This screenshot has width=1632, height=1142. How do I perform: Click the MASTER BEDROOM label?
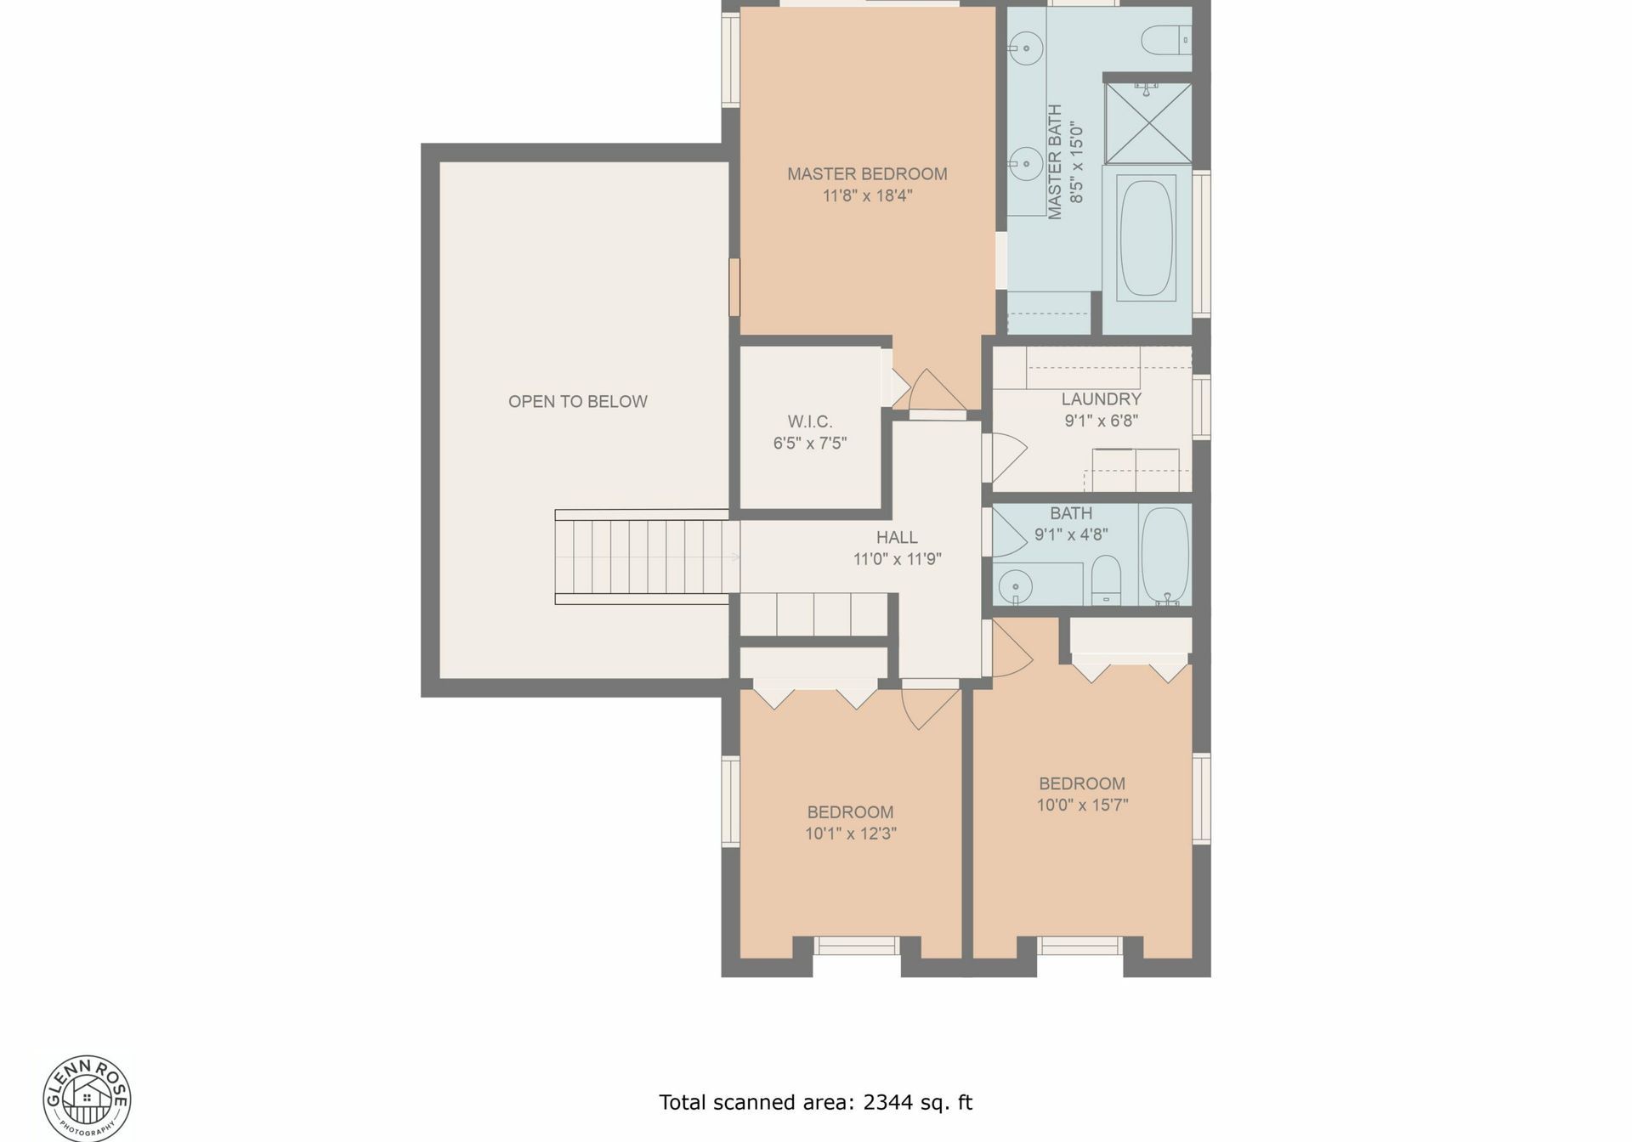tap(867, 174)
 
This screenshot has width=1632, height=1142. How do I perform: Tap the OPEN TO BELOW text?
tap(578, 402)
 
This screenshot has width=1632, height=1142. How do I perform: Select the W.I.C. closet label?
tap(809, 421)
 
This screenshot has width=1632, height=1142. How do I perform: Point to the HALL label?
tap(897, 537)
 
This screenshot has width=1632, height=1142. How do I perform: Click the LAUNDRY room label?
tap(1101, 399)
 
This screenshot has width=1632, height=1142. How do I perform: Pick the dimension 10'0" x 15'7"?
tap(1082, 805)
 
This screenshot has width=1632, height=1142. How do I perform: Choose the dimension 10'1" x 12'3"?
tap(850, 834)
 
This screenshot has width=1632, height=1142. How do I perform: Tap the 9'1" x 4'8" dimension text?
tap(1071, 534)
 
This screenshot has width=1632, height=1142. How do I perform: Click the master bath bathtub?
tap(1147, 239)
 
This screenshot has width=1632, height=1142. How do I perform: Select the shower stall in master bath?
tap(1148, 123)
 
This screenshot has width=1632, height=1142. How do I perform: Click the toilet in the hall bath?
tap(1106, 579)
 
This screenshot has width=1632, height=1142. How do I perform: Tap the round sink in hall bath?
tap(1015, 585)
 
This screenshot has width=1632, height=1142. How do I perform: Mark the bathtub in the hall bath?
tap(1164, 557)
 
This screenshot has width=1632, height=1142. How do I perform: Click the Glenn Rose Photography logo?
tap(88, 1098)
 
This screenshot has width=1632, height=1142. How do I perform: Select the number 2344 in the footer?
tap(887, 1102)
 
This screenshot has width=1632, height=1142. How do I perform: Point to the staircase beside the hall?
tap(646, 557)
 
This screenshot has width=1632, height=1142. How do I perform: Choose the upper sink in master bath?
tap(1026, 48)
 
